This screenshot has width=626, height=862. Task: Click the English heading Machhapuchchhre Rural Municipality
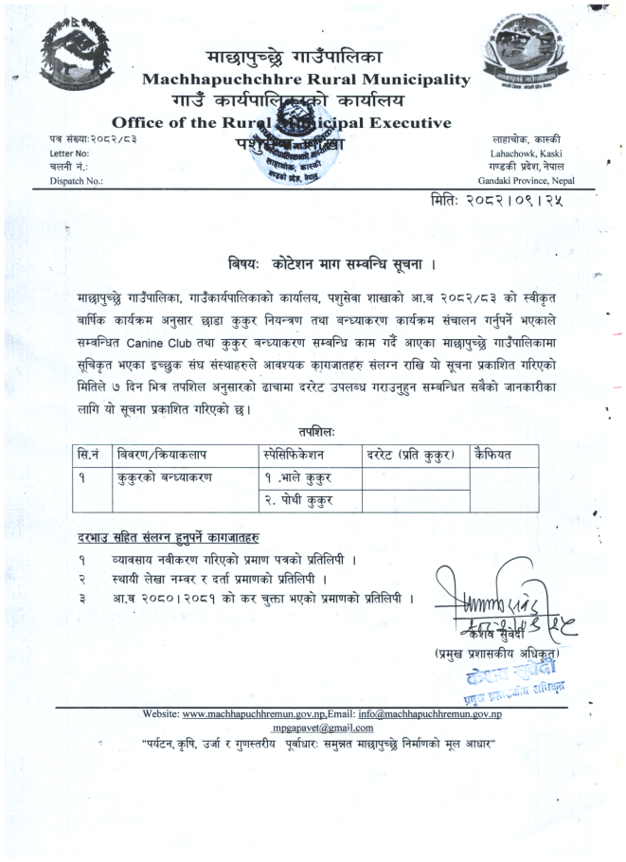click(x=305, y=81)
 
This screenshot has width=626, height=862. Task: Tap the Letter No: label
click(x=69, y=153)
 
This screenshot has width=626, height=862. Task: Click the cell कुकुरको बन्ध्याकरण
click(x=163, y=477)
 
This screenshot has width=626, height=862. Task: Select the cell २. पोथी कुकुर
click(x=298, y=500)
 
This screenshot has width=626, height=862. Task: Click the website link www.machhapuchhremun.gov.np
click(x=247, y=713)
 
